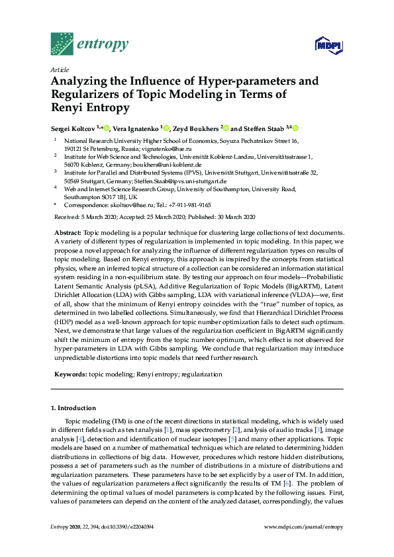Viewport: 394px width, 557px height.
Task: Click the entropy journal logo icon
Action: point(62,44)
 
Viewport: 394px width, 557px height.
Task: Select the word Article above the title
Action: point(60,69)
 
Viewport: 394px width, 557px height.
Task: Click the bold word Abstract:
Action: point(66,233)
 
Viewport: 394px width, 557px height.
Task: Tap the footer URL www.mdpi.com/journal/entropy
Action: point(303,544)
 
